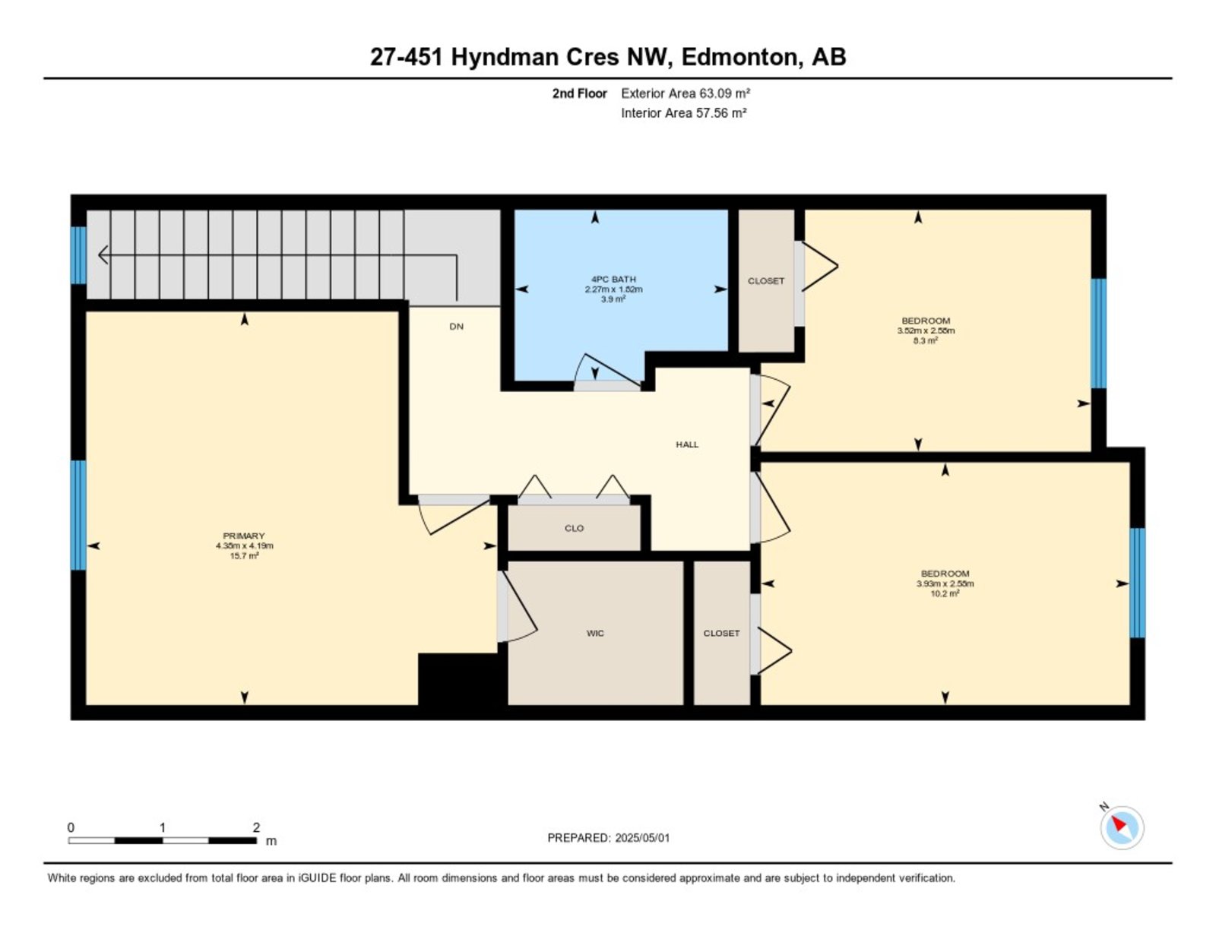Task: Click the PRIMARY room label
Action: click(x=243, y=536)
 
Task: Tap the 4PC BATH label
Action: click(x=613, y=279)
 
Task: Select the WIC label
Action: click(x=595, y=633)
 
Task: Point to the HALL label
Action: click(x=687, y=444)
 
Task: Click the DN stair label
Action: click(x=456, y=327)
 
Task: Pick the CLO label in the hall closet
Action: click(x=574, y=528)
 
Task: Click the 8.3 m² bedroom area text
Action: click(x=926, y=340)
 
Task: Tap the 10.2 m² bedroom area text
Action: click(x=945, y=593)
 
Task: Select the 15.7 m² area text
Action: click(x=244, y=556)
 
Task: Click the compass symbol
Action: click(x=1122, y=828)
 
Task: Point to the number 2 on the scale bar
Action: click(x=256, y=828)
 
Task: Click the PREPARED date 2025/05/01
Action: click(x=642, y=838)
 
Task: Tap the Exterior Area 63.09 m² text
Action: click(x=686, y=93)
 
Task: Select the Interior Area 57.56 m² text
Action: click(x=684, y=113)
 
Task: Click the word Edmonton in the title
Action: click(x=740, y=57)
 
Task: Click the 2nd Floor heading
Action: click(x=579, y=93)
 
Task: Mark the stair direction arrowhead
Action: click(x=103, y=255)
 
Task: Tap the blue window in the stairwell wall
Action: click(x=78, y=255)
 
